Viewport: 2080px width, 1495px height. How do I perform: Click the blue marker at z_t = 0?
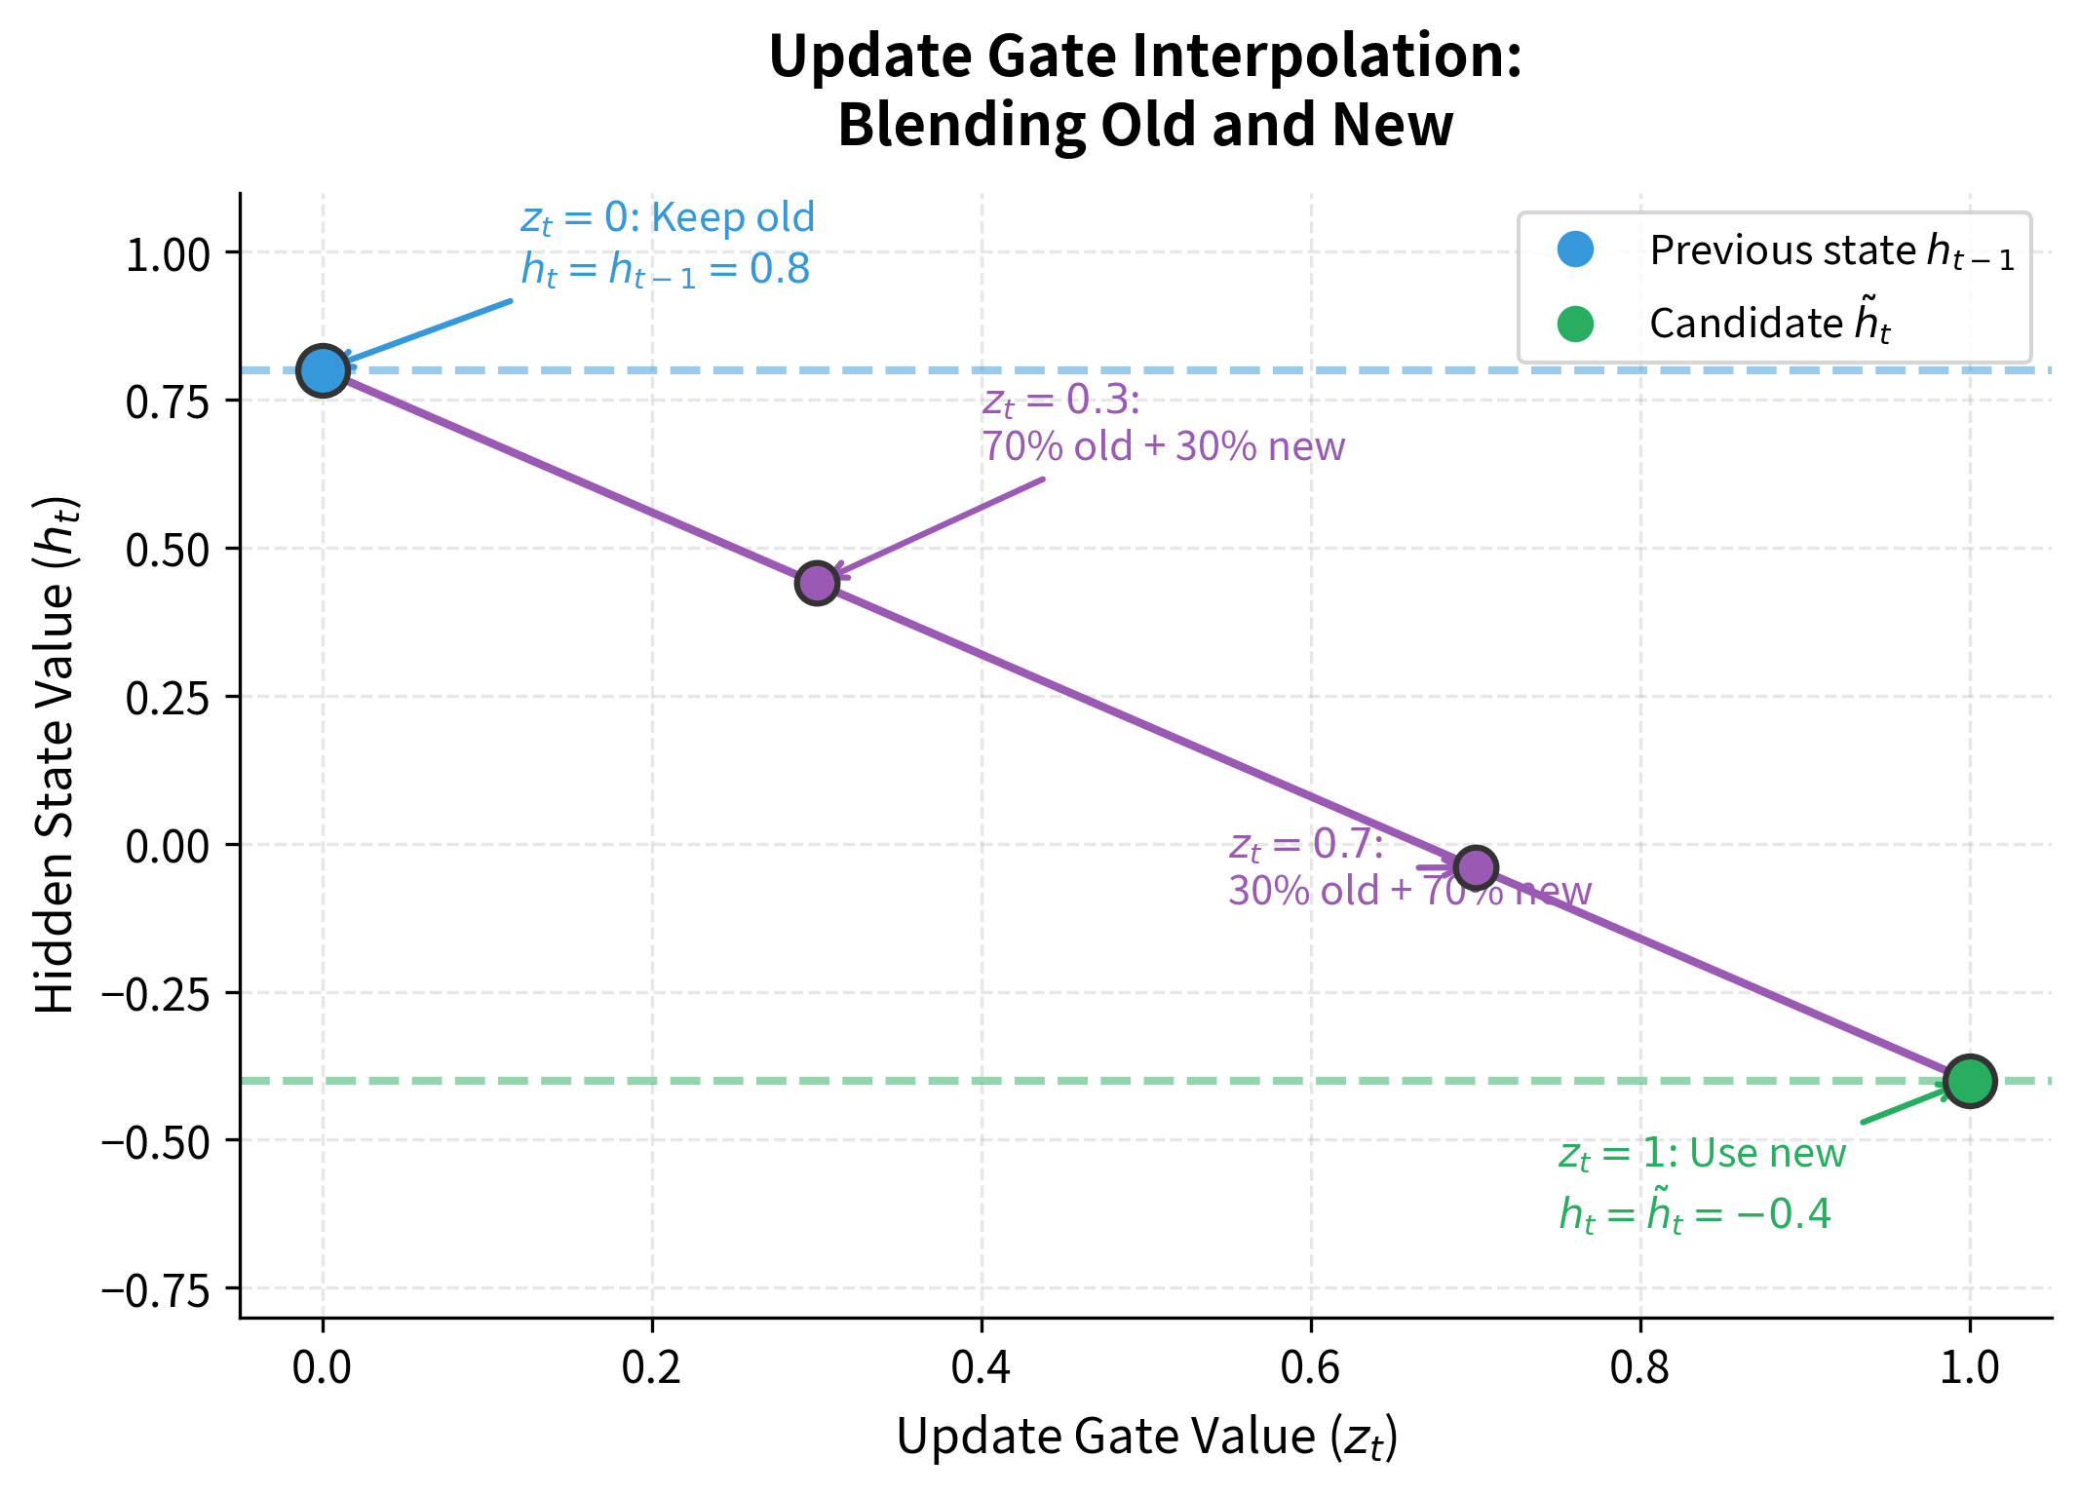point(323,370)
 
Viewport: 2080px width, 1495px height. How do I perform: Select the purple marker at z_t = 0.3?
point(817,583)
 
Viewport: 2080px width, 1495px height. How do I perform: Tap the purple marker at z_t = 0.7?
point(1476,867)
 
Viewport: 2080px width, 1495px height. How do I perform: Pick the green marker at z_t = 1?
point(1969,1081)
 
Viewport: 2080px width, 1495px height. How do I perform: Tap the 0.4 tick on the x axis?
point(982,1368)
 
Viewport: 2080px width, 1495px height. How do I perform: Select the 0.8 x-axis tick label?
point(1640,1368)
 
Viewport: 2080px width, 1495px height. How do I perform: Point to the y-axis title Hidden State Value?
point(56,755)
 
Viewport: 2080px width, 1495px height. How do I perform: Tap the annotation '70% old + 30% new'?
point(1163,446)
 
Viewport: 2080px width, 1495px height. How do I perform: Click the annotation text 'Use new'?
point(1767,1154)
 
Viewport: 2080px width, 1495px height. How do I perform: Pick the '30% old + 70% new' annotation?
point(1409,891)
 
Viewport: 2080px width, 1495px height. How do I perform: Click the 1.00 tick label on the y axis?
point(168,255)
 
